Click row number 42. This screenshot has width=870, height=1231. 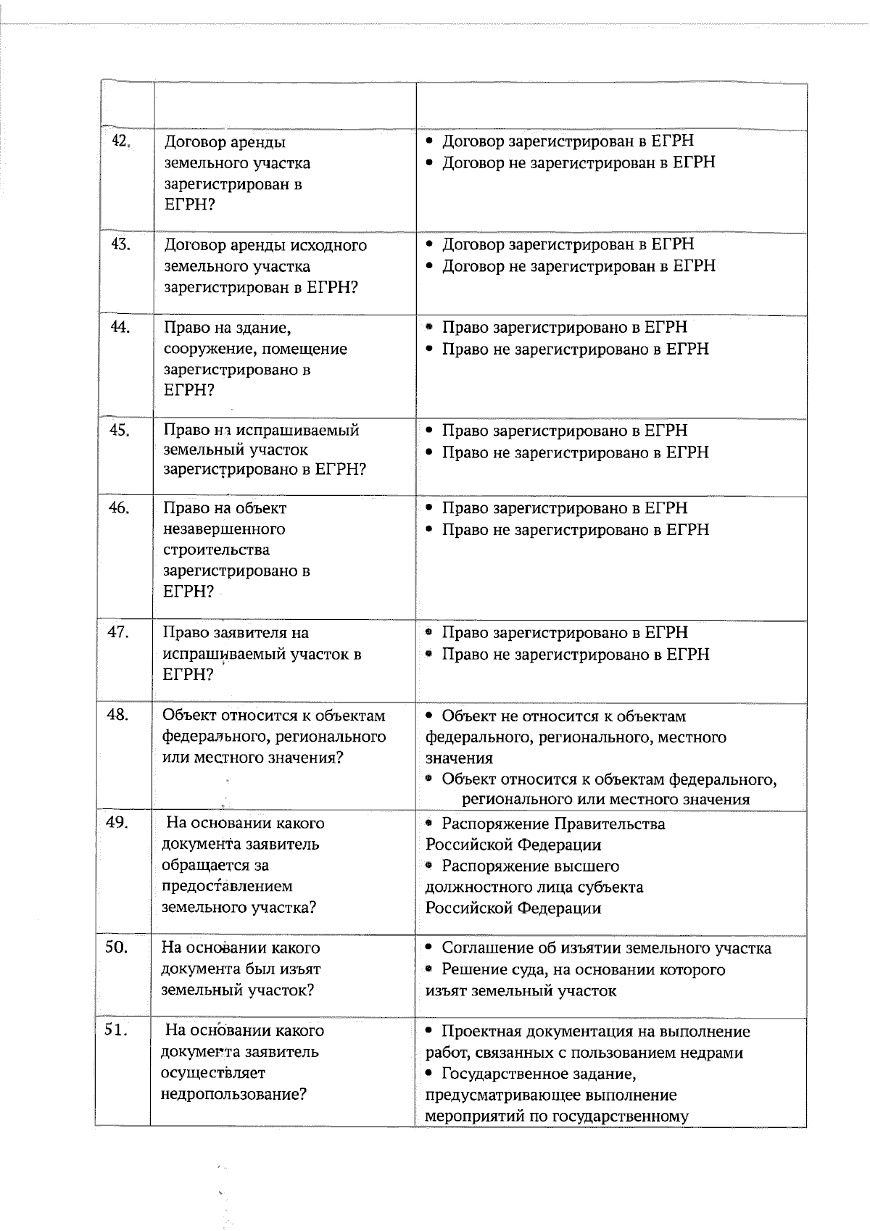120,141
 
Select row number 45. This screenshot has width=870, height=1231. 119,431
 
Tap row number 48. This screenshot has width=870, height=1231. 117,716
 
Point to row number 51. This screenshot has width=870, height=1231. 116,1030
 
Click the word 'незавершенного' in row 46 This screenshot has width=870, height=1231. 224,529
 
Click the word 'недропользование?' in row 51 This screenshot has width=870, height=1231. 233,1094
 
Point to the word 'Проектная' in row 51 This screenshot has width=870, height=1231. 481,1032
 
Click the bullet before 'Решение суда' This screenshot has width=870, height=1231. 429,970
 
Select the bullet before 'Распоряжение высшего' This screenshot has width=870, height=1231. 429,866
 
